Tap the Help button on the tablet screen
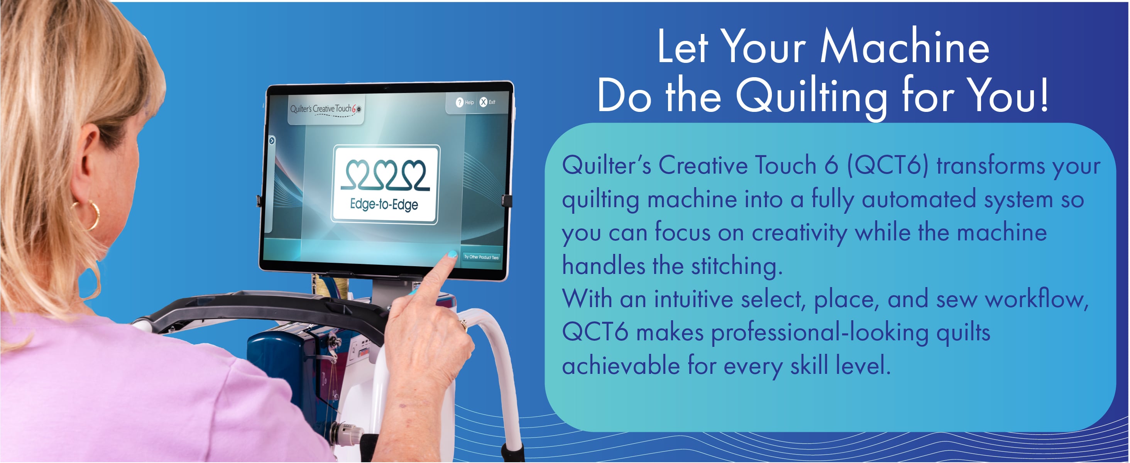click(465, 102)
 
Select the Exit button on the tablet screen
click(487, 102)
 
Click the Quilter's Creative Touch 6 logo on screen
click(325, 109)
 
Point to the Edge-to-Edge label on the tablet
click(384, 204)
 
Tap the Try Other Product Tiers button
click(481, 257)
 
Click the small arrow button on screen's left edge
click(272, 141)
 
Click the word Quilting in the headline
click(811, 96)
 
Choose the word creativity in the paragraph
click(799, 233)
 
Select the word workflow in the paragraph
click(1037, 299)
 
